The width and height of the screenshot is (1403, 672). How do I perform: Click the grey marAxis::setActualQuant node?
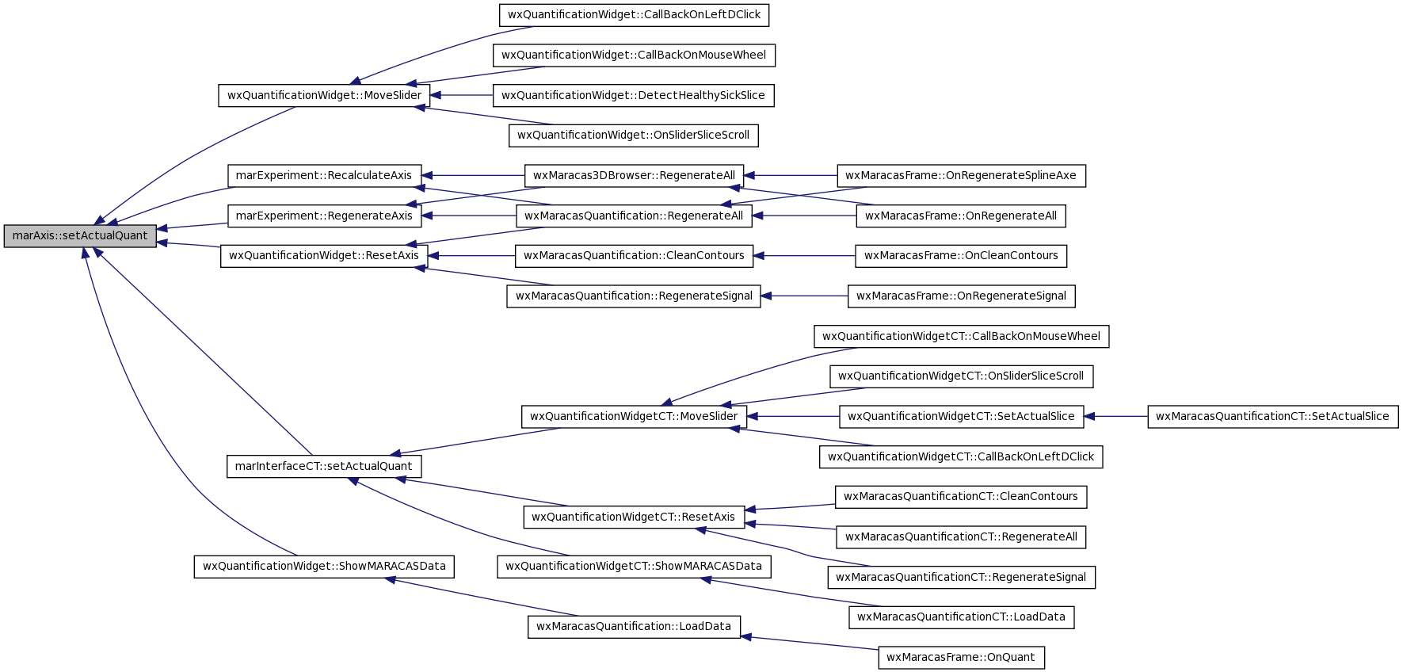(80, 236)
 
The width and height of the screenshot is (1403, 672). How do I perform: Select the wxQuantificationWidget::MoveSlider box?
(324, 96)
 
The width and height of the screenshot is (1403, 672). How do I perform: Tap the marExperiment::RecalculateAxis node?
(324, 176)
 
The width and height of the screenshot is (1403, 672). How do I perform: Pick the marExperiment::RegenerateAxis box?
(324, 216)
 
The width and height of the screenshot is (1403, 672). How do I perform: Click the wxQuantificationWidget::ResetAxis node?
(324, 256)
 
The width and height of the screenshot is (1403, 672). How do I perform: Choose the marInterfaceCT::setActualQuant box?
(324, 467)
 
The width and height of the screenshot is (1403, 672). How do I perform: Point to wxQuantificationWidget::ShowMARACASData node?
(324, 567)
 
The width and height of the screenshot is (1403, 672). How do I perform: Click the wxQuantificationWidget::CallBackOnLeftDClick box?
(634, 15)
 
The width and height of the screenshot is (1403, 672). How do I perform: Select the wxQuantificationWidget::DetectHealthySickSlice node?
(634, 96)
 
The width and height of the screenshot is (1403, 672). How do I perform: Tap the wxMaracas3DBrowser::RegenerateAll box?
(634, 176)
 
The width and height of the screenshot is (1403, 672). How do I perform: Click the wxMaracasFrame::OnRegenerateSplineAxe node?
(961, 176)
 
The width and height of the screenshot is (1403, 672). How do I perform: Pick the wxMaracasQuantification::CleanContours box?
(634, 256)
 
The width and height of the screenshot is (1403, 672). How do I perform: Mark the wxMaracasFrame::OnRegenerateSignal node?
(961, 296)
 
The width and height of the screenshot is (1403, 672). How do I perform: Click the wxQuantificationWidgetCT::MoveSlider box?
(634, 417)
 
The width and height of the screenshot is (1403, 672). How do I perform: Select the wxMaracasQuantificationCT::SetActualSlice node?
(1273, 417)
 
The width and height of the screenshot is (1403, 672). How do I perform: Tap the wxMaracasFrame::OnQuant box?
(961, 658)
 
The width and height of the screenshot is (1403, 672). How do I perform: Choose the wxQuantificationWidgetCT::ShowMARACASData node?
(634, 567)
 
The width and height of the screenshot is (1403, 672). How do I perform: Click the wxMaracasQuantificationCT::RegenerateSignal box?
(961, 578)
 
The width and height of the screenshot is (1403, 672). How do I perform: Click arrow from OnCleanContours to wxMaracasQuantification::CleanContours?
(804, 256)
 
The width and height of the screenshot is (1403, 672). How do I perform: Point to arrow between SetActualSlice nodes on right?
(1115, 417)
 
